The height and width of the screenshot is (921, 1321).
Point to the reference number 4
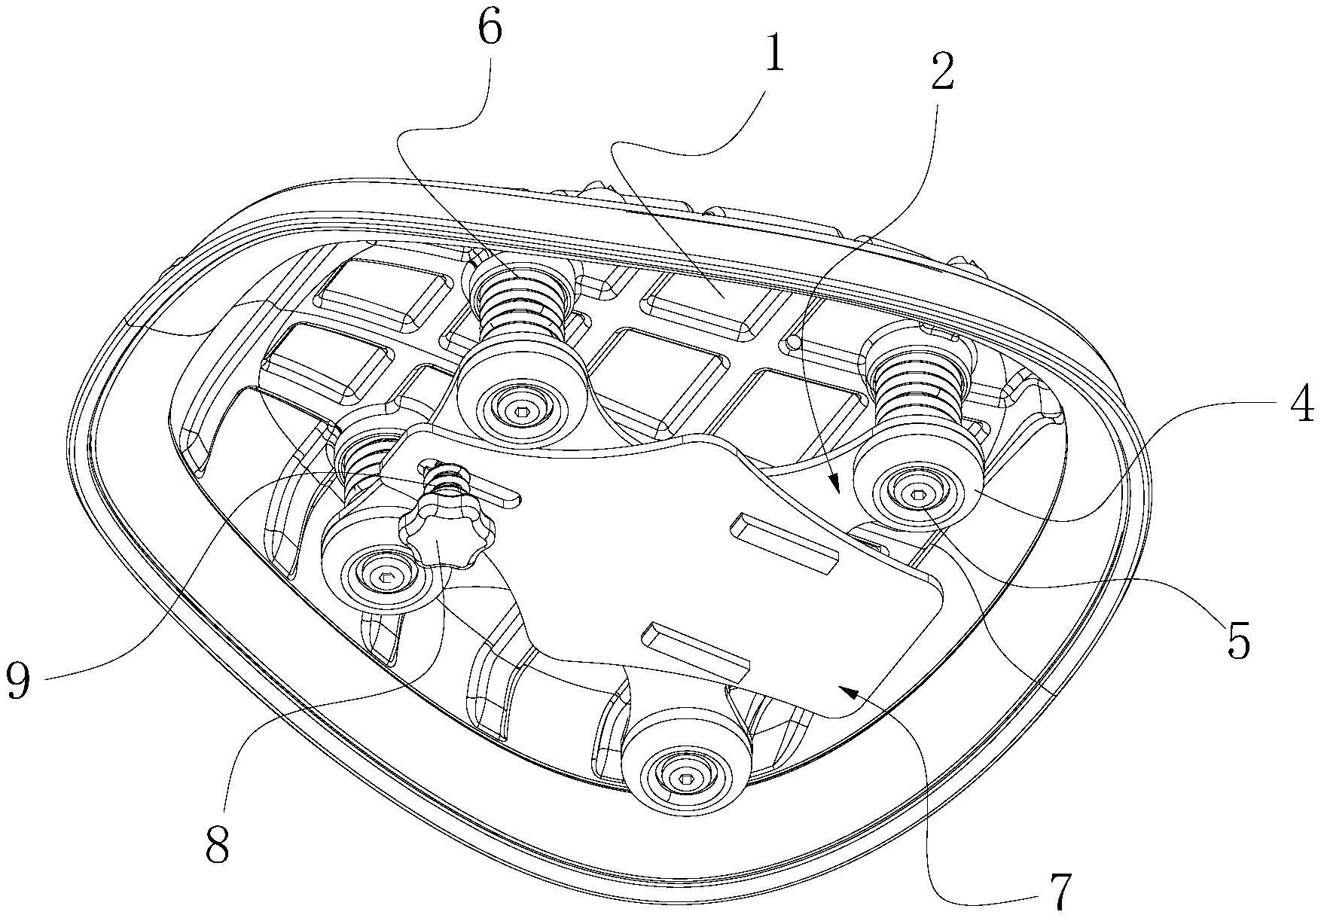point(1299,405)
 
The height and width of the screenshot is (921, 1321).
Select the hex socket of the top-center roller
point(521,411)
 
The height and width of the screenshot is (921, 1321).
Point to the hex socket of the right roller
point(917,495)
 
